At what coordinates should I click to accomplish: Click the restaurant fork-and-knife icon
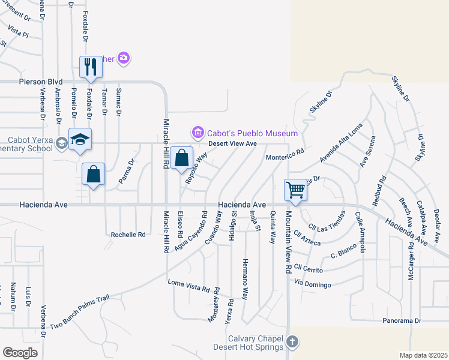(91, 66)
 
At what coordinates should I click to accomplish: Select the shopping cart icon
(295, 190)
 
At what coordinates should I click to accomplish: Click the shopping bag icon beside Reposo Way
(181, 158)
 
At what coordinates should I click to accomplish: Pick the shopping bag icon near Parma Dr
(94, 174)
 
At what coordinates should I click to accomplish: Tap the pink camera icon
(124, 58)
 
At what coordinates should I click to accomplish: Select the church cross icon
(292, 342)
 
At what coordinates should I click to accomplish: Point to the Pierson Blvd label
(41, 81)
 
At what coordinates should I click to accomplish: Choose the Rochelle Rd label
(128, 235)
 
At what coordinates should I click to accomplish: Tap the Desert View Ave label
(232, 143)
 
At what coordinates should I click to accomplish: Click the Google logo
(20, 352)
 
